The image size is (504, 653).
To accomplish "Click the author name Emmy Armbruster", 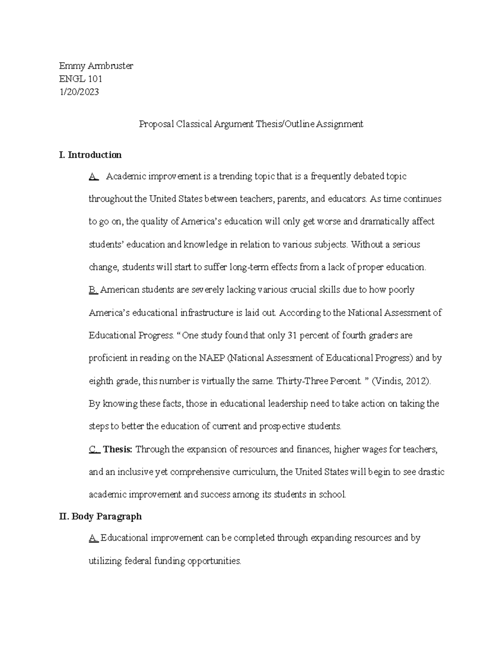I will (x=96, y=66).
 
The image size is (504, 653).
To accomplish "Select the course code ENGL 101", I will (x=81, y=79).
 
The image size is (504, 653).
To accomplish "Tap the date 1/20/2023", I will (x=79, y=92).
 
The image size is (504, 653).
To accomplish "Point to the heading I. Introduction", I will (x=90, y=155).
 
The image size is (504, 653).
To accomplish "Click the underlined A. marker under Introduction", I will (x=94, y=176).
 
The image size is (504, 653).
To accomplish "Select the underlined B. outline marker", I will (x=93, y=290).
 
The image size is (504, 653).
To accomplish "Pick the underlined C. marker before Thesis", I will (x=94, y=449).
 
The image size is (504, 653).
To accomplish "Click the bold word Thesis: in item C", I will (x=118, y=449).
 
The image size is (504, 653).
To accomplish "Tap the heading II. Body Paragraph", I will (x=100, y=516).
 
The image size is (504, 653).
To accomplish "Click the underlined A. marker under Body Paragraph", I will (x=94, y=538).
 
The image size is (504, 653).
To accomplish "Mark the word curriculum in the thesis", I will (x=255, y=472).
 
